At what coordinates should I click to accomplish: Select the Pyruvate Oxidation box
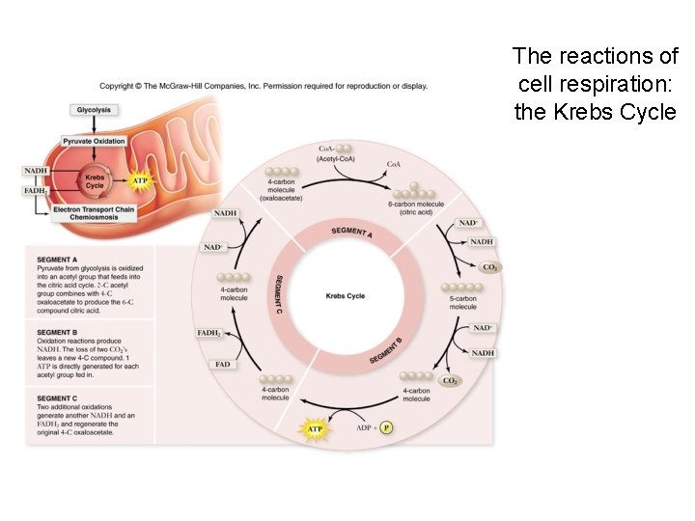(x=94, y=141)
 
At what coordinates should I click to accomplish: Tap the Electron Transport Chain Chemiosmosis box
(x=94, y=213)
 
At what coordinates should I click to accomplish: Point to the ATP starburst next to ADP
(x=315, y=426)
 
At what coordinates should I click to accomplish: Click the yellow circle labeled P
(x=386, y=427)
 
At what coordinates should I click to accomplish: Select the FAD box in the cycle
(x=221, y=365)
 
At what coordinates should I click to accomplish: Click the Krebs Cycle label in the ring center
(x=346, y=296)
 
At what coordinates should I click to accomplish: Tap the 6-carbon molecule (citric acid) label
(x=415, y=208)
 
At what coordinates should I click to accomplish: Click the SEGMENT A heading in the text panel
(x=57, y=260)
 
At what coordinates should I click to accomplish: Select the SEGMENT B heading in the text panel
(x=57, y=331)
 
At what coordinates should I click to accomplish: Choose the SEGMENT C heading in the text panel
(x=57, y=398)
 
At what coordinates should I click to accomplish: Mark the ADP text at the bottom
(x=363, y=427)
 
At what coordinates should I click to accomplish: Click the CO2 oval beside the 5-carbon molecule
(x=489, y=267)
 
